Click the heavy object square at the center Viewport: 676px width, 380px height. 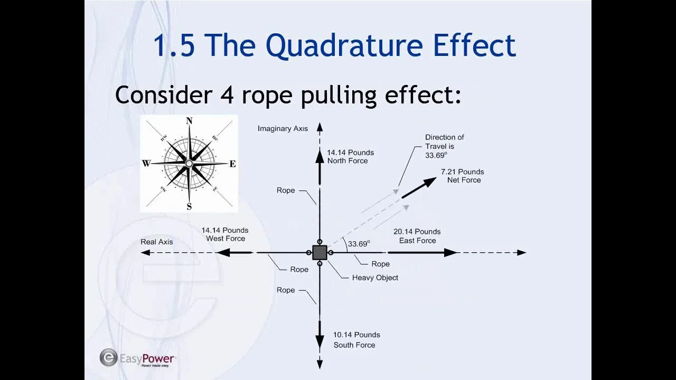pos(320,252)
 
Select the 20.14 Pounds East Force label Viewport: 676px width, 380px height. pos(417,236)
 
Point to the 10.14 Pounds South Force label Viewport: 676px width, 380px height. pos(356,340)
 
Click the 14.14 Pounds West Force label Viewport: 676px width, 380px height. pos(225,234)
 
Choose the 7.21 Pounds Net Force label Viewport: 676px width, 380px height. pos(463,176)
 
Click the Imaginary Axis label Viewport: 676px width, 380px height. pos(283,129)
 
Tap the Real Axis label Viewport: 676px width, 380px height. pos(157,242)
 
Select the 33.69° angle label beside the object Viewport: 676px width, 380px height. pos(359,244)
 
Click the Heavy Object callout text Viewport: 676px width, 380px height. pos(375,278)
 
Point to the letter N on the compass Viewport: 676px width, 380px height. pos(189,121)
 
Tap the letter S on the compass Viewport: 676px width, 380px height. pos(189,206)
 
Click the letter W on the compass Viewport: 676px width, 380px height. pos(146,164)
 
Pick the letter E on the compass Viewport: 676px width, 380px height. pos(232,164)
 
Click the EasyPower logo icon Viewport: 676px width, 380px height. pos(108,357)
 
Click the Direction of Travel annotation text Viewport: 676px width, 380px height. pos(444,146)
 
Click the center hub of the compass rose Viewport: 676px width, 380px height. pos(189,164)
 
